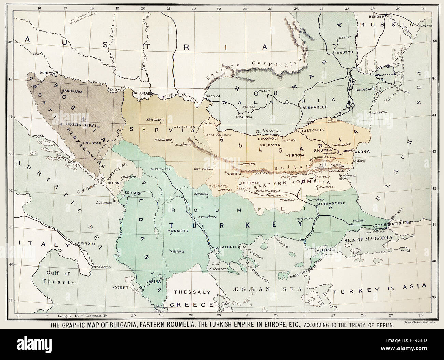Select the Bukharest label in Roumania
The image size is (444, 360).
click(x=314, y=107)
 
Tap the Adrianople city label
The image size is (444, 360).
click(x=331, y=203)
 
